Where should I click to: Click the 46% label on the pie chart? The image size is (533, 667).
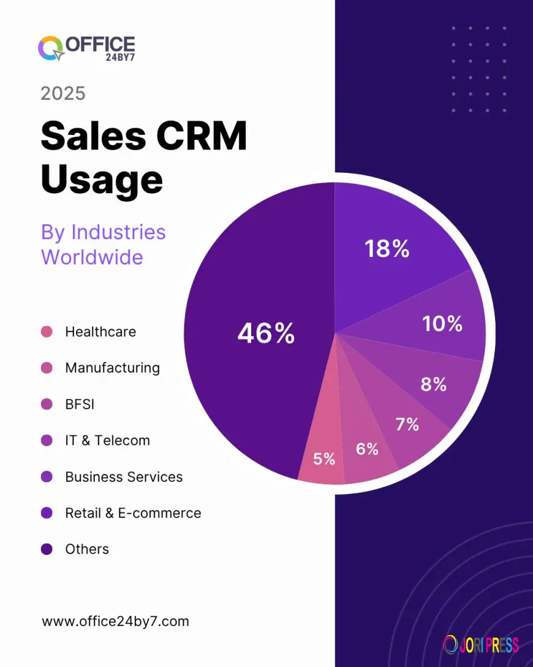point(266,334)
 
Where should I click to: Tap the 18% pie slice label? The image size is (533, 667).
point(387,249)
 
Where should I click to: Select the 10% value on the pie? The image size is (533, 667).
point(442,324)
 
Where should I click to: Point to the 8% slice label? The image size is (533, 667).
point(433,384)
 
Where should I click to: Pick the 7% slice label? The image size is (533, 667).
point(407,424)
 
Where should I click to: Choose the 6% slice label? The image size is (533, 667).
point(367,449)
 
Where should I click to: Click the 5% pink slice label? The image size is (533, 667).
point(324,459)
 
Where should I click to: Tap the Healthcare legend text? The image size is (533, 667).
point(100,332)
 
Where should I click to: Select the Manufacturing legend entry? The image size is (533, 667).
point(112,368)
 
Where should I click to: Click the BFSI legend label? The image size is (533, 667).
point(80,404)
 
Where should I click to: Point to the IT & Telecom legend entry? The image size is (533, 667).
point(107,440)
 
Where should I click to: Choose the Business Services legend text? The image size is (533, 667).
point(124,477)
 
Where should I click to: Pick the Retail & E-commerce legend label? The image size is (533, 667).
point(133,513)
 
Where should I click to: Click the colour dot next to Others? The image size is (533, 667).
point(47,549)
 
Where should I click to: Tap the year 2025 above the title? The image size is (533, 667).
point(63,94)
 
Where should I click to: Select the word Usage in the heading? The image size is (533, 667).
point(102,180)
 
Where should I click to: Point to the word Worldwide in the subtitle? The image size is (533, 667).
point(92,257)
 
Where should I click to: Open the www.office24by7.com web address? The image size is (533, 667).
point(115,622)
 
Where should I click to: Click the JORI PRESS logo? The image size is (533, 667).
point(481,644)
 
